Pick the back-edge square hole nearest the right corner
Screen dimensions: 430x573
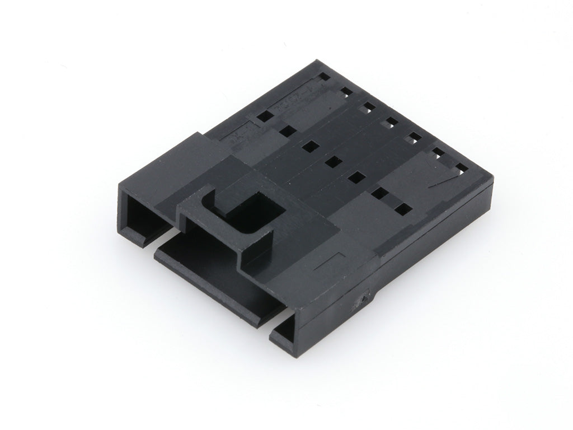point(461,166)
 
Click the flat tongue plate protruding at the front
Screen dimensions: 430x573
point(213,274)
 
